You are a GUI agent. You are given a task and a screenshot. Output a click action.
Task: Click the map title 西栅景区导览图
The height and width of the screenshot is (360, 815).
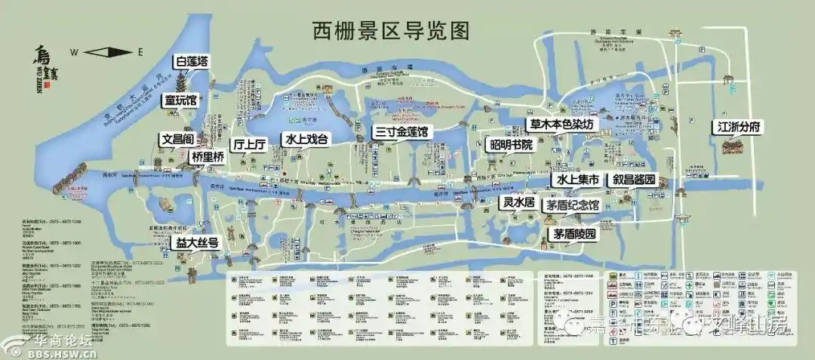click(392, 30)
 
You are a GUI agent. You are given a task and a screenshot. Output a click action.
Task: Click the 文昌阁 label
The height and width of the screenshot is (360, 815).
click(178, 140)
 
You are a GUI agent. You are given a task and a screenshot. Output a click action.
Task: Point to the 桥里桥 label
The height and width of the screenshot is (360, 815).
click(208, 158)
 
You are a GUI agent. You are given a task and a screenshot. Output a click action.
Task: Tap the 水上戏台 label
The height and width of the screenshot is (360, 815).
click(306, 140)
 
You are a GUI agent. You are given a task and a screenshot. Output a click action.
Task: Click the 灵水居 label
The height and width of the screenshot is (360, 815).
click(519, 204)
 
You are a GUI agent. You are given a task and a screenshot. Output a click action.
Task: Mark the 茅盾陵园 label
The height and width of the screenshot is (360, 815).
click(574, 234)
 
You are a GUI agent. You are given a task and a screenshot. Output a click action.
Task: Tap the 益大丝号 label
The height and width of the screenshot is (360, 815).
click(197, 243)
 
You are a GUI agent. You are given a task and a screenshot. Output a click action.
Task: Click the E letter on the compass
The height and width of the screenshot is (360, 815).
click(140, 52)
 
